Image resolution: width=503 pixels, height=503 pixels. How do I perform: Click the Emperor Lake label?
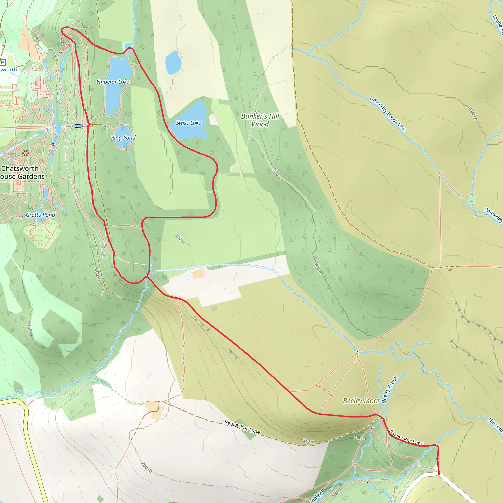click(x=113, y=82)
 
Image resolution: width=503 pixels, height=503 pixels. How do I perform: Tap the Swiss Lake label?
click(x=188, y=123)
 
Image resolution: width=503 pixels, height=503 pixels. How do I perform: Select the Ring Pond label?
click(x=123, y=138)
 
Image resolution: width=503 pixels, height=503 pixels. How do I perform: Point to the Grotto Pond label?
click(x=40, y=215)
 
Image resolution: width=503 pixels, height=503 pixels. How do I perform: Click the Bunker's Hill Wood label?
click(x=260, y=120)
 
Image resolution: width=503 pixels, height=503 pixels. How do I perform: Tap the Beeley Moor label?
click(x=361, y=400)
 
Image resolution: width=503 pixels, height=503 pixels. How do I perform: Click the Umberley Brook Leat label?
click(x=388, y=114)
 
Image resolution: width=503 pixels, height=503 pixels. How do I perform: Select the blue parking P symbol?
click(x=3, y=62)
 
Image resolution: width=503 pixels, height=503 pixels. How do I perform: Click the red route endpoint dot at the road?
click(x=439, y=473)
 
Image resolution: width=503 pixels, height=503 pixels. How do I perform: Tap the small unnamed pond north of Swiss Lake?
click(x=173, y=62)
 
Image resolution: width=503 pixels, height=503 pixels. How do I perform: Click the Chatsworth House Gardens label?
click(x=21, y=172)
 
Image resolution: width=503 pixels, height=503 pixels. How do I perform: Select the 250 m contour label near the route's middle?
click(x=180, y=239)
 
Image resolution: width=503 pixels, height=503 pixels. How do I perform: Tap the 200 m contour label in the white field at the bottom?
click(x=147, y=467)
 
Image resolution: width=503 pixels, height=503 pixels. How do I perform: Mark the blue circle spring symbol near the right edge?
click(x=475, y=214)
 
